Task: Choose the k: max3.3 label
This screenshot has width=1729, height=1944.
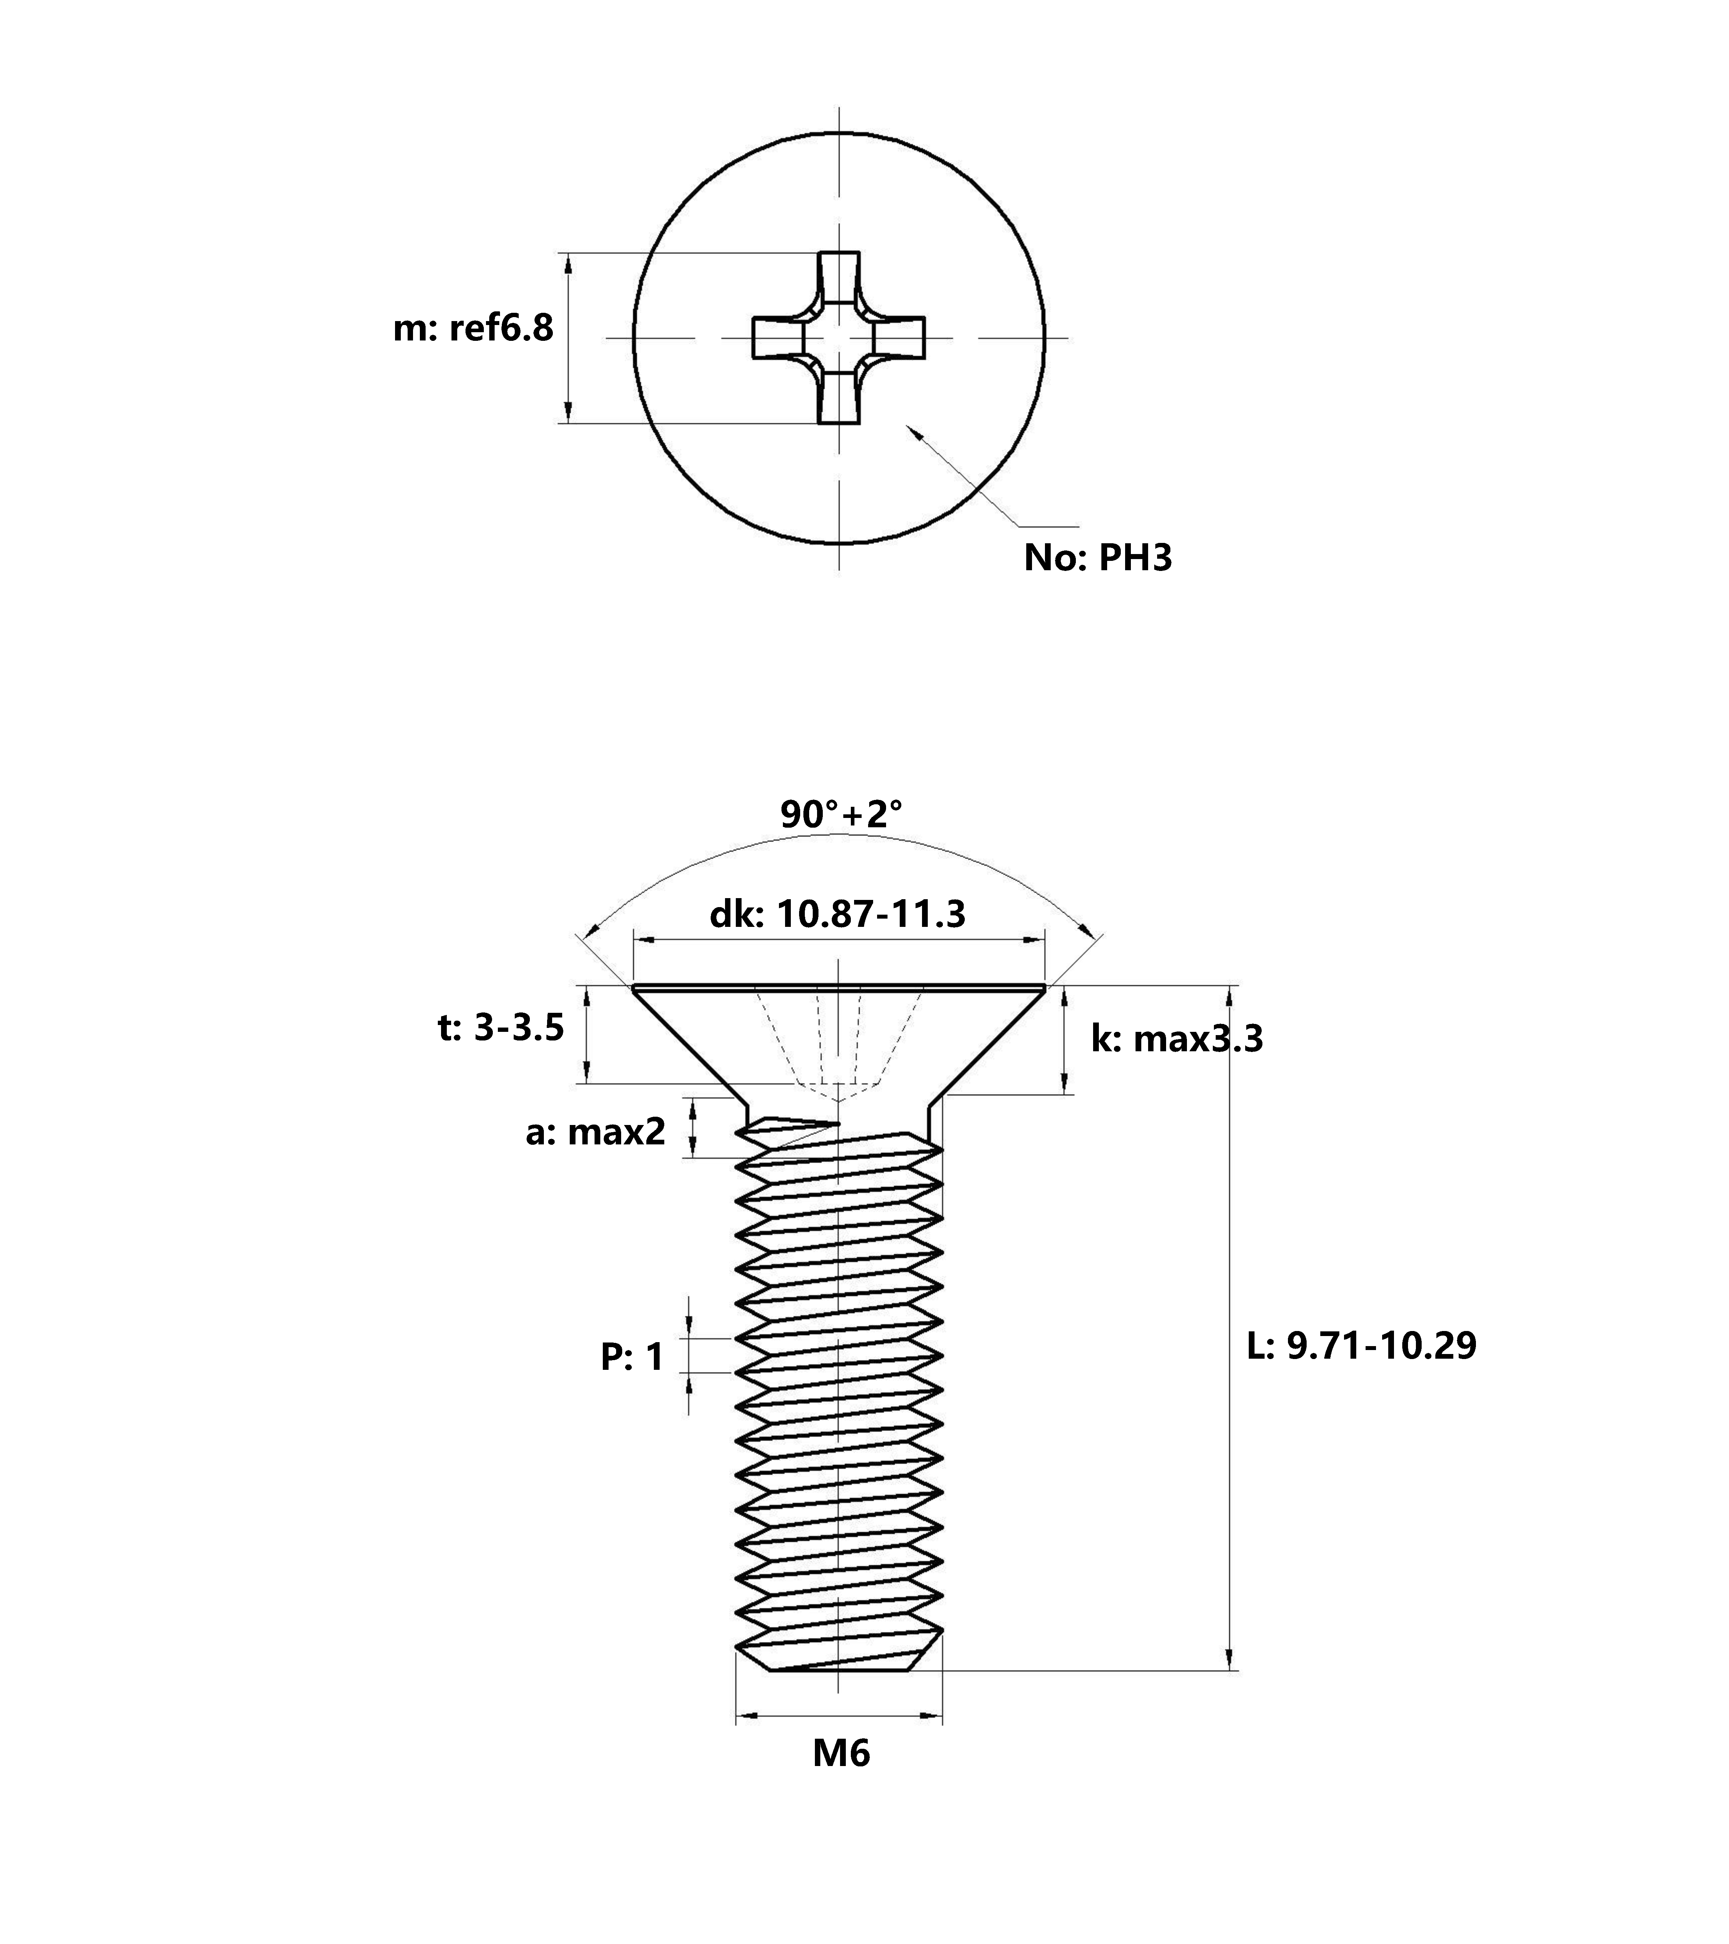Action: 1177,1039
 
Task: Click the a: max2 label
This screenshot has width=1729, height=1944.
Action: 595,1132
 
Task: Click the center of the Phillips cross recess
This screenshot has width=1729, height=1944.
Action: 839,338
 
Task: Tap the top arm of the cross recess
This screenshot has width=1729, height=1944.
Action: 839,278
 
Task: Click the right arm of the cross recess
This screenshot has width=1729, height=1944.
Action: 899,338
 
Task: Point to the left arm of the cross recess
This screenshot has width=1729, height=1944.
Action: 779,338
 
